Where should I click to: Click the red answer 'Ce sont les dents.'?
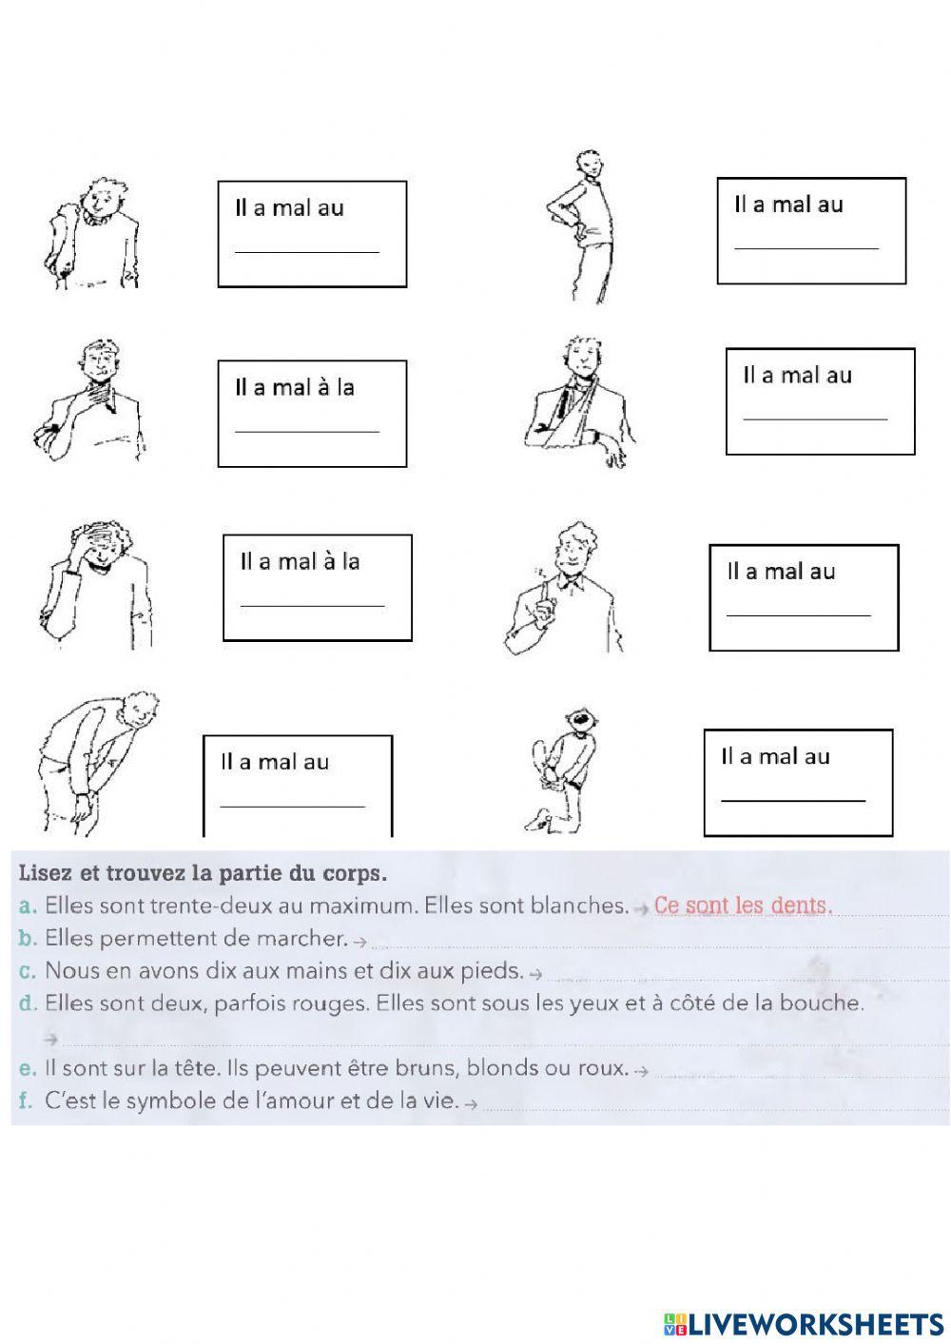pyautogui.click(x=743, y=906)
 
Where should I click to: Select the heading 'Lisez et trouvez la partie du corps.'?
pyautogui.click(x=203, y=872)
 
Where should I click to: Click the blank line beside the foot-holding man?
pyautogui.click(x=793, y=800)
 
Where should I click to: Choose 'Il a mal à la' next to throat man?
pyautogui.click(x=295, y=387)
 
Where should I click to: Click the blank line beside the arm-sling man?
pyautogui.click(x=815, y=418)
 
